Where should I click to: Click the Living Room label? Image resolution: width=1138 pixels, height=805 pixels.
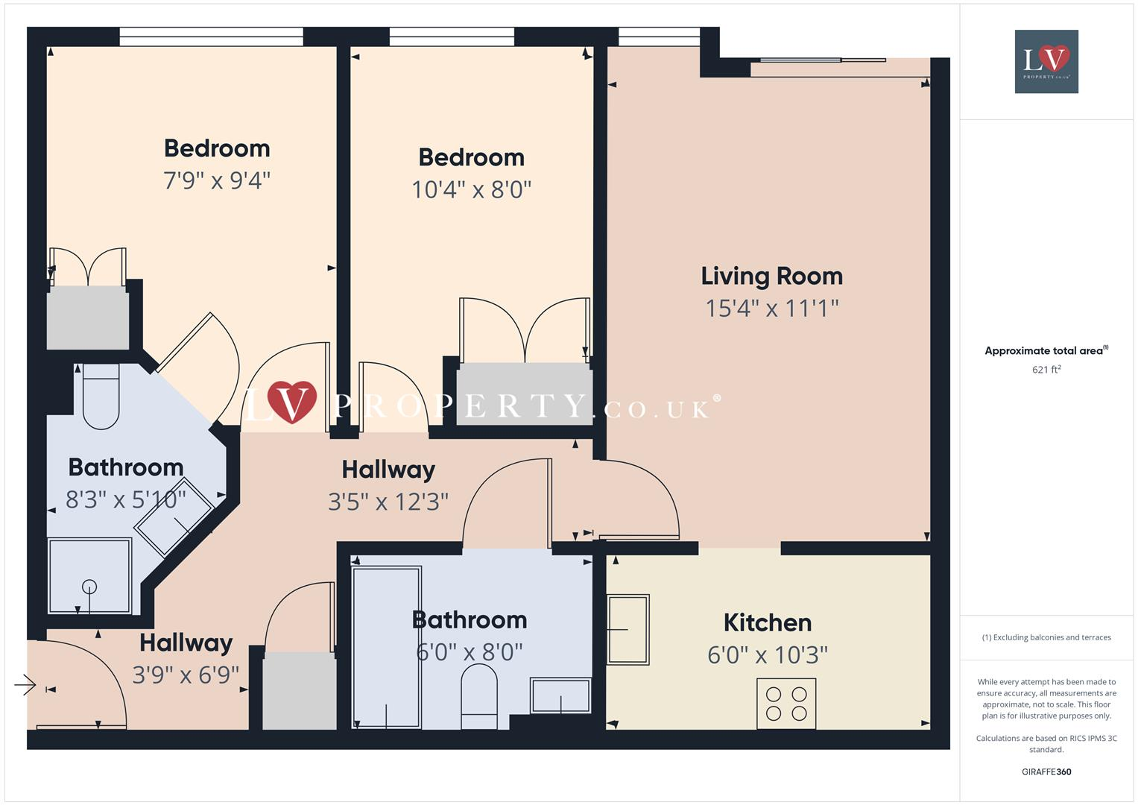click(x=771, y=277)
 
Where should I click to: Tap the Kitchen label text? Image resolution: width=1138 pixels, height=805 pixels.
click(x=767, y=622)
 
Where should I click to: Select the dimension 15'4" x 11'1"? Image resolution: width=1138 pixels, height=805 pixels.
click(x=771, y=308)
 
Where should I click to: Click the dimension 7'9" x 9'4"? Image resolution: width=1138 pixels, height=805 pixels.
click(x=216, y=180)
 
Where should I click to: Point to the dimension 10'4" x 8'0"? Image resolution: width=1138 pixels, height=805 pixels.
click(x=471, y=189)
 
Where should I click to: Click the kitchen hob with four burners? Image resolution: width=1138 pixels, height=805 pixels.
click(x=786, y=703)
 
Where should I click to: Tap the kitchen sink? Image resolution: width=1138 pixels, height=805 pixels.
click(x=628, y=629)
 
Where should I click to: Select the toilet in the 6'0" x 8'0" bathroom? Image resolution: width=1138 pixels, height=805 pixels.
click(x=479, y=698)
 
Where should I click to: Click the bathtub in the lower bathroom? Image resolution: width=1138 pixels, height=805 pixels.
click(x=386, y=647)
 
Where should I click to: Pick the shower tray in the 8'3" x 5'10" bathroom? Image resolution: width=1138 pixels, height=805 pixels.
click(x=89, y=575)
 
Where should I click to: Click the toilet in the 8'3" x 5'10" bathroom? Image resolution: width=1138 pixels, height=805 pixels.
click(x=101, y=397)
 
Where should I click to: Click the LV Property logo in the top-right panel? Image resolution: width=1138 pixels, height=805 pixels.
click(x=1046, y=61)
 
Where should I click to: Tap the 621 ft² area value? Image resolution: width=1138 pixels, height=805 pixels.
click(x=1046, y=370)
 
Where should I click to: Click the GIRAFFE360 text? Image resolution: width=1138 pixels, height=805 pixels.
click(x=1046, y=771)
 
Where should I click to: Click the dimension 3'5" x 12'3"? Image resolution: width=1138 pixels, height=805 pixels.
click(x=388, y=502)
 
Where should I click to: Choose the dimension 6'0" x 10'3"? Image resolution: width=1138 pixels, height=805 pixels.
click(x=767, y=655)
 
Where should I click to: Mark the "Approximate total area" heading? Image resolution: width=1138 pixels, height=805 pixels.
click(x=1046, y=350)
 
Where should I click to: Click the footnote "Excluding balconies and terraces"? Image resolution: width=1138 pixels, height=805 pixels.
click(x=1046, y=637)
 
